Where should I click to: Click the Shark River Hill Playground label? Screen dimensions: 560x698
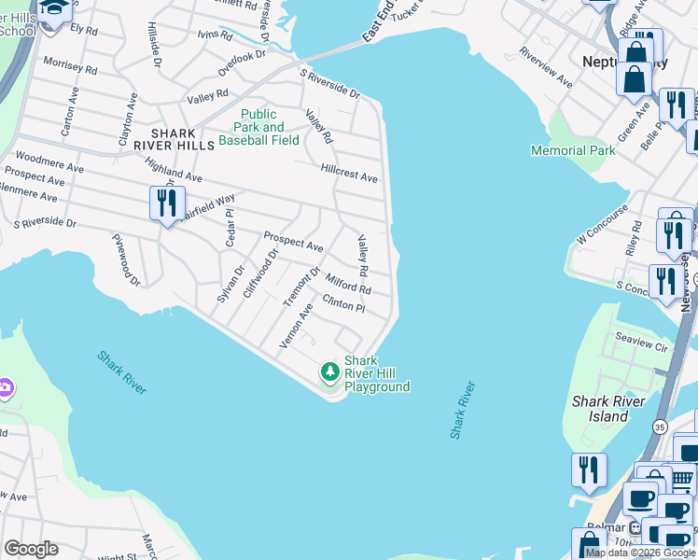click(376, 373)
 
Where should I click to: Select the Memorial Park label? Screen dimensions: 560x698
click(573, 150)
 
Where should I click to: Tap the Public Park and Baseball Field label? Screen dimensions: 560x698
click(258, 128)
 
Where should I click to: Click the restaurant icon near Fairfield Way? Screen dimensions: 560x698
click(168, 203)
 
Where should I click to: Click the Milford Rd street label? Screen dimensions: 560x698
click(348, 284)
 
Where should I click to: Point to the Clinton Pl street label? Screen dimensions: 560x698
click(342, 305)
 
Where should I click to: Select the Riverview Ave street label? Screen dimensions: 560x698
click(546, 66)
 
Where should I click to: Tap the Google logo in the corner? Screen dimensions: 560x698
click(31, 549)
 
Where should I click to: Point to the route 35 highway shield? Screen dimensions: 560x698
click(660, 427)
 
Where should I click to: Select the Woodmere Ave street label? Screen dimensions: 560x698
click(49, 163)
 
